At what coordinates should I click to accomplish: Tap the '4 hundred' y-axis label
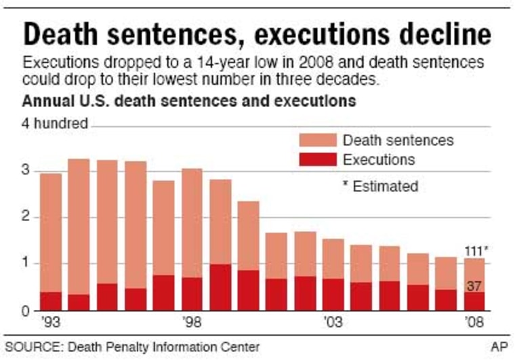56,124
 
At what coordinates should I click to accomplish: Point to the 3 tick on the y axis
26,171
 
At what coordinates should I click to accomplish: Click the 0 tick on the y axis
26,311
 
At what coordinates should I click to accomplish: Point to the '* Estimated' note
380,186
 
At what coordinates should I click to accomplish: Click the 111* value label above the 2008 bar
476,251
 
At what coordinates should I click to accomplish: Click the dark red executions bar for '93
51,301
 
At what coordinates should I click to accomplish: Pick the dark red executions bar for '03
333,294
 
